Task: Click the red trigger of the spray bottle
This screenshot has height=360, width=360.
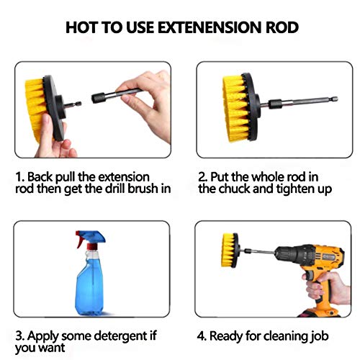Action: click(80, 240)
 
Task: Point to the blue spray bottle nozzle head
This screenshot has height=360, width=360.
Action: click(92, 236)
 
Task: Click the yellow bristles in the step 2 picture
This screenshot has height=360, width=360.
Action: click(234, 108)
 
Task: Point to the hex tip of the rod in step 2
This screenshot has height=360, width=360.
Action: click(335, 99)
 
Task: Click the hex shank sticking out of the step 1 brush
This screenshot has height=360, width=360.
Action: click(73, 104)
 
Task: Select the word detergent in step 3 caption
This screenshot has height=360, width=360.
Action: click(120, 336)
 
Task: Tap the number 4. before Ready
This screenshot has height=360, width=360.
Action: click(202, 336)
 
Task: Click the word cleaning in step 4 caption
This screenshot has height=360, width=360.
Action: click(285, 336)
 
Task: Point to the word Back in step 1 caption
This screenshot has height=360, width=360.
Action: click(40, 177)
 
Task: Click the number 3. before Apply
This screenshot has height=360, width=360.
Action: click(20, 336)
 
